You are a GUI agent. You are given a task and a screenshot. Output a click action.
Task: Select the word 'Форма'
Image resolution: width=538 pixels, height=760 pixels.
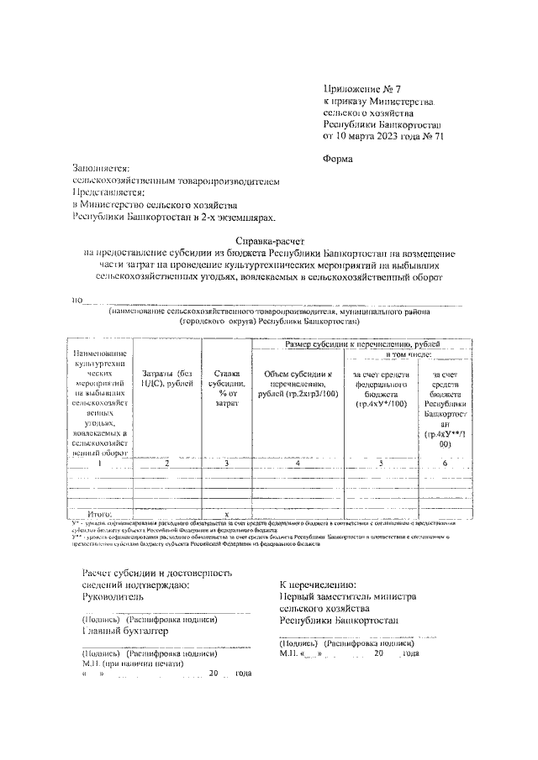pyautogui.click(x=339, y=159)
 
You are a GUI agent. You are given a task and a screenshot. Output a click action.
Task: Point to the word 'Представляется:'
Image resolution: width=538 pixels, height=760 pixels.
pyautogui.click(x=108, y=191)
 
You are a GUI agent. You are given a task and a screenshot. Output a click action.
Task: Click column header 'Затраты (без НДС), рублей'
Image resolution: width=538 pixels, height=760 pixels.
pyautogui.click(x=167, y=380)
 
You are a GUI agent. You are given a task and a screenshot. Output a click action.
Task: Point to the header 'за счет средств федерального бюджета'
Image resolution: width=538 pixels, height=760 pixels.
pyautogui.click(x=381, y=389)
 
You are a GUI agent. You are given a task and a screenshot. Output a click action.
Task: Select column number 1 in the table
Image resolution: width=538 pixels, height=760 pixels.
pyautogui.click(x=100, y=463)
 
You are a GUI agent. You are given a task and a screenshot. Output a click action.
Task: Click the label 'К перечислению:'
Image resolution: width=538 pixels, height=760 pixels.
pyautogui.click(x=318, y=584)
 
